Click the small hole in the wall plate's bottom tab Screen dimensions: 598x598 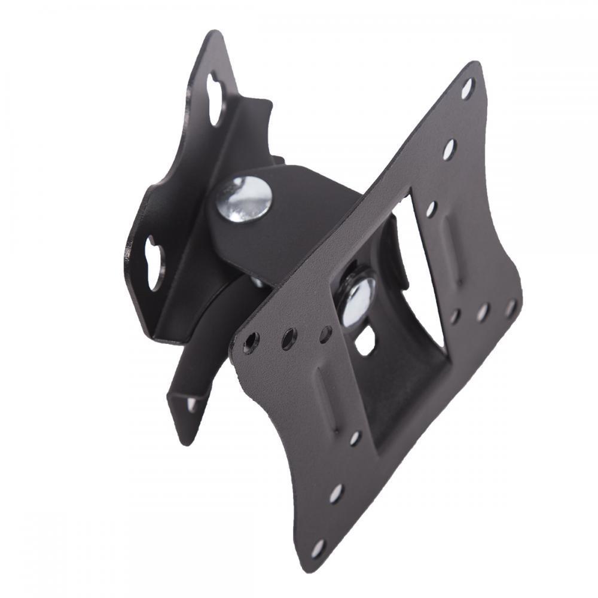click(191, 404)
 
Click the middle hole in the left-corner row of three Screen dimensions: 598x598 click(289, 338)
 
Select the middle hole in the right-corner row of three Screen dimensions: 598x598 click(483, 312)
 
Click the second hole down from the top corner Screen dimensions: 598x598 click(449, 149)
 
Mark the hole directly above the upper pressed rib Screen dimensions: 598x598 click(431, 209)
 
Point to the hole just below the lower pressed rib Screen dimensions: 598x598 click(355, 438)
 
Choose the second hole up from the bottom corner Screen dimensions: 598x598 click(336, 493)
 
